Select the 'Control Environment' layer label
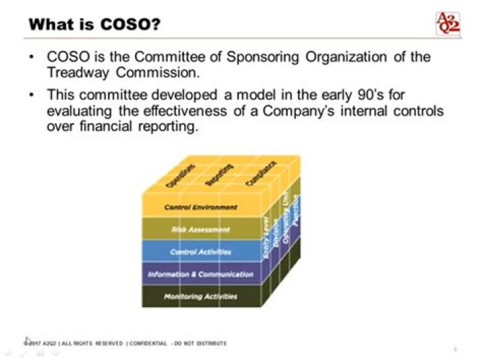pos(200,207)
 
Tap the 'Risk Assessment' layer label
pos(200,230)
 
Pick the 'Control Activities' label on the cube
pos(200,252)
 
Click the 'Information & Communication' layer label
pos(200,274)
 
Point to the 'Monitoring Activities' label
pos(200,295)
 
